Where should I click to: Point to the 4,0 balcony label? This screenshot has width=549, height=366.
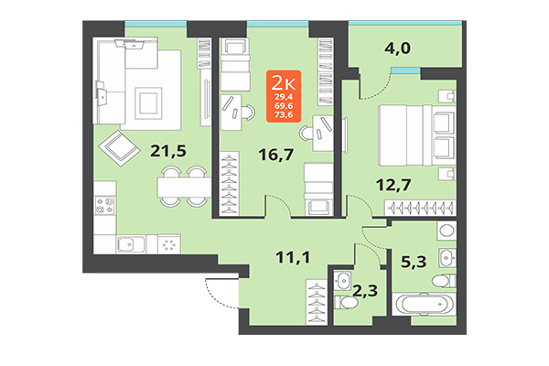(396, 48)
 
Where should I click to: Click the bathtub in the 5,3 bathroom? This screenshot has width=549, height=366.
(426, 304)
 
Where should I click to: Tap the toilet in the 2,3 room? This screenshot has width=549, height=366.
(345, 280)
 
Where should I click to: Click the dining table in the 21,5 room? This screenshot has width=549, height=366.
(180, 188)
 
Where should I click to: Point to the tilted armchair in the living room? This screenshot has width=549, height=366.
(116, 145)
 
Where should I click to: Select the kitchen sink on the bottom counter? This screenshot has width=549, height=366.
(128, 243)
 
